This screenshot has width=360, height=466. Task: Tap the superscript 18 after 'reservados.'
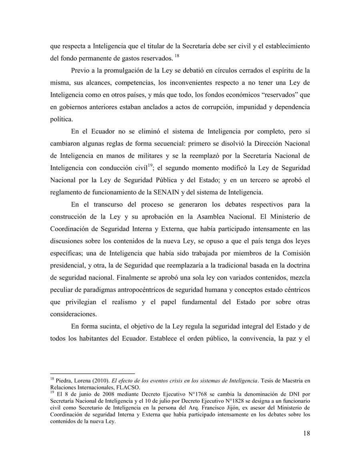tap(177, 56)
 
